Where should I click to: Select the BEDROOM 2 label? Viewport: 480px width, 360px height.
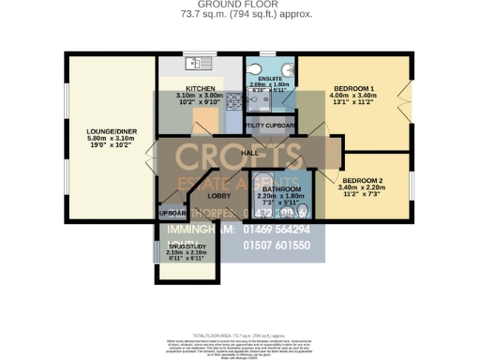(362, 179)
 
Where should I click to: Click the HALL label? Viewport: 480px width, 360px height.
(249, 152)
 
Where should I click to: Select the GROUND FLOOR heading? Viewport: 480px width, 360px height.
(239, 5)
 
